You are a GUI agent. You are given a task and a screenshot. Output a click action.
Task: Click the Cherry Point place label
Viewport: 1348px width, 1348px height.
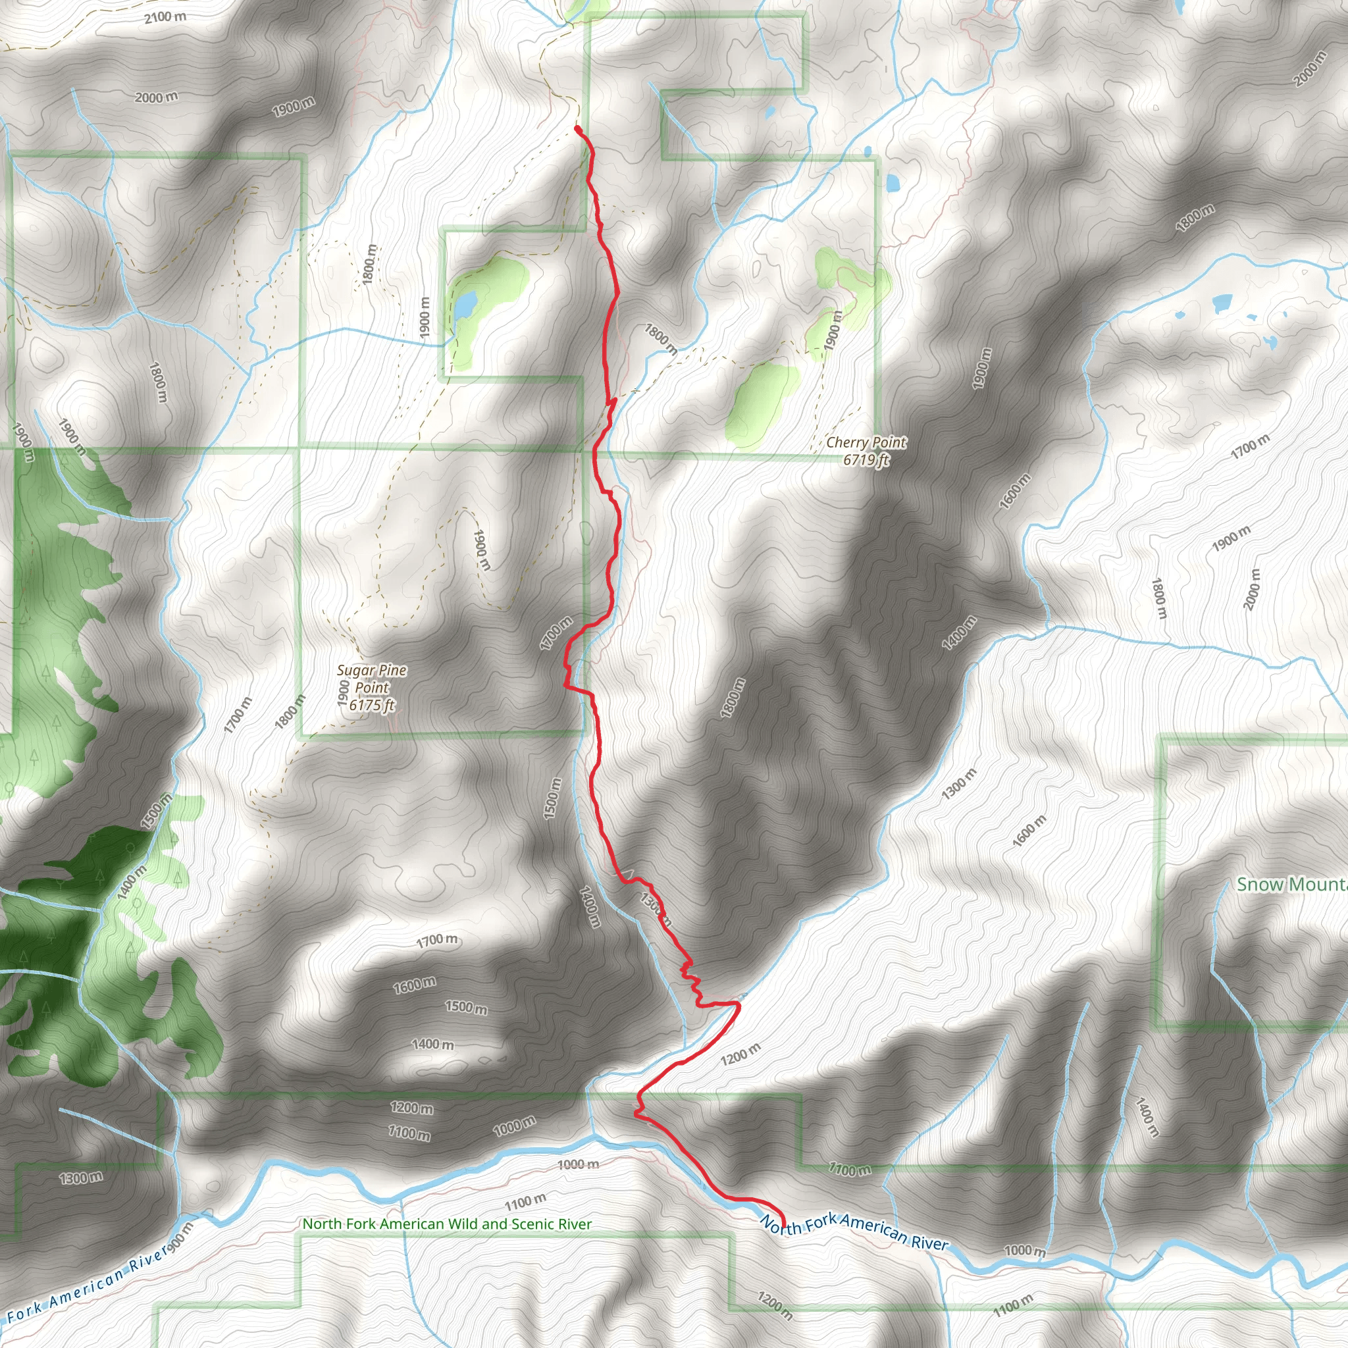click(866, 442)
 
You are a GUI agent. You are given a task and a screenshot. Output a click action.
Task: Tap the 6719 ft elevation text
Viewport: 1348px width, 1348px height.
click(866, 460)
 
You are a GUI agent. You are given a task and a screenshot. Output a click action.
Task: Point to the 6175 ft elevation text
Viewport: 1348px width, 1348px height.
click(372, 706)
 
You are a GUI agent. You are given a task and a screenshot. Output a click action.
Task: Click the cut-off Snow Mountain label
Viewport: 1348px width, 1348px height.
click(1291, 884)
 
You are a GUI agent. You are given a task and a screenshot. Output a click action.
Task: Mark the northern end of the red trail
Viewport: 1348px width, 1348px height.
click(577, 128)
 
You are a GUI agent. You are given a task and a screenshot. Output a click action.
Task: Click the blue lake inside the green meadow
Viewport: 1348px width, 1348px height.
click(465, 303)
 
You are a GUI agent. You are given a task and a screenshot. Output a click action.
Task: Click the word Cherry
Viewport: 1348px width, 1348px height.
click(846, 442)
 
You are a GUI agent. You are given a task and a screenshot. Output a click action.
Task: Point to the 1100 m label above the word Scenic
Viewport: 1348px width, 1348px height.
click(525, 1201)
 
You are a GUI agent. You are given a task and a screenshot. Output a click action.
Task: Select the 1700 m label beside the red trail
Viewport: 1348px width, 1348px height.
click(556, 634)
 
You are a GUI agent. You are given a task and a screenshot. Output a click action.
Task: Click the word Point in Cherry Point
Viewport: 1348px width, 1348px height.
click(887, 442)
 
